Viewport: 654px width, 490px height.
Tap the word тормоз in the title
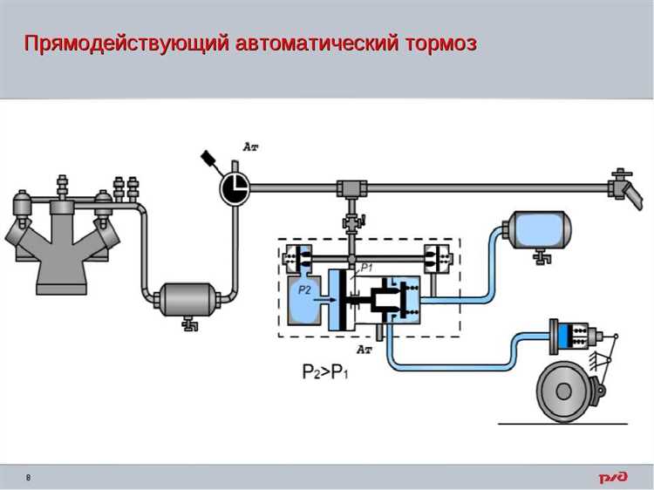(x=439, y=43)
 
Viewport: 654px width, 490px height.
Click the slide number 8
(x=28, y=478)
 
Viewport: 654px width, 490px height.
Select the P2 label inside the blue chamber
(x=303, y=289)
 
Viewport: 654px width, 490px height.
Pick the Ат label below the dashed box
(x=365, y=349)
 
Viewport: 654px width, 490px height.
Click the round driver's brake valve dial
(x=233, y=187)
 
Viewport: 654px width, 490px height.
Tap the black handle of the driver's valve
(x=209, y=159)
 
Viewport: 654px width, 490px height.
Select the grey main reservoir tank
(x=187, y=300)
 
